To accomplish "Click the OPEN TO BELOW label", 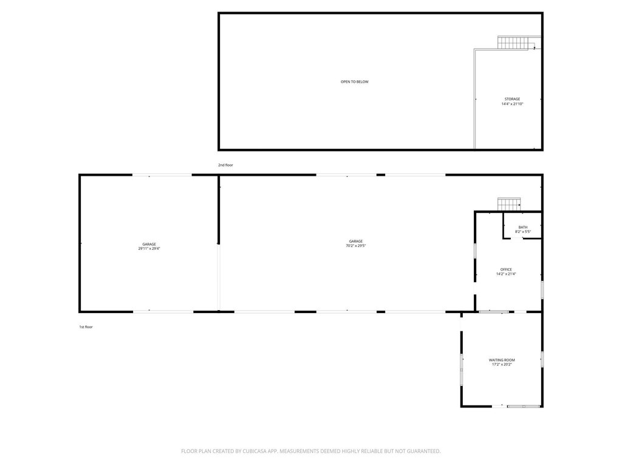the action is (355, 82).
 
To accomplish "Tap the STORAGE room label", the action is (512, 99).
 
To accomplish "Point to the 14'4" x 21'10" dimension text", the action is (512, 104).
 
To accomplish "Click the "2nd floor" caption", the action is (225, 165).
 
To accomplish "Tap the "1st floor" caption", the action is (86, 327).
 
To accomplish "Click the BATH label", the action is (523, 227).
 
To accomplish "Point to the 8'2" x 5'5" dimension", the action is (523, 232).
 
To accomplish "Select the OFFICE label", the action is (506, 269).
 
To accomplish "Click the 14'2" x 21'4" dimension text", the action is (506, 274).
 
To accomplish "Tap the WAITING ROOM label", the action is (501, 360).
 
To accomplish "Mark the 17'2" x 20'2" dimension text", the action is (501, 364).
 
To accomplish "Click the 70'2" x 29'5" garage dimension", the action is (355, 246).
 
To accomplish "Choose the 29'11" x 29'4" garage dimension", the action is (149, 248).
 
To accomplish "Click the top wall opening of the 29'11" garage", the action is (162, 175).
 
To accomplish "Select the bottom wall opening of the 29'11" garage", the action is (163, 312).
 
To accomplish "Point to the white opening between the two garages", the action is (218, 277).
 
